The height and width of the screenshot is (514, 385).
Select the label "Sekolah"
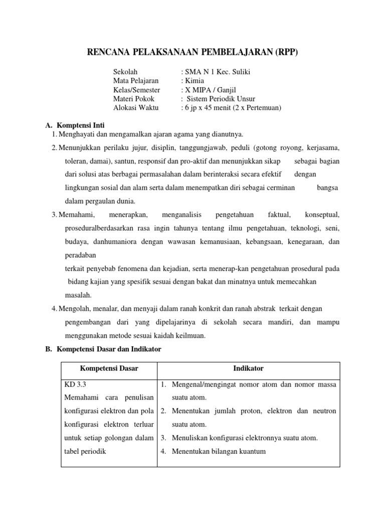click(x=125, y=72)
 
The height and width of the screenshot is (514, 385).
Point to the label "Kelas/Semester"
click(x=137, y=90)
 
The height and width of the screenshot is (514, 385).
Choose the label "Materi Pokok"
click(x=134, y=99)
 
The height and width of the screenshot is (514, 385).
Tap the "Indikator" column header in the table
click(x=248, y=368)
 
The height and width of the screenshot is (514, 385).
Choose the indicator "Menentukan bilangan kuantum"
click(x=219, y=451)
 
